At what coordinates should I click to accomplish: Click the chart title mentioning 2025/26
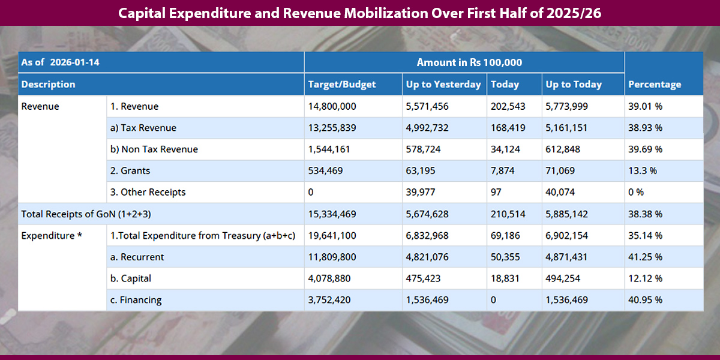click(x=359, y=13)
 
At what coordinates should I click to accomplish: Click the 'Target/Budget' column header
click(x=341, y=85)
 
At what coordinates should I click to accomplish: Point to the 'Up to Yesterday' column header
click(x=443, y=85)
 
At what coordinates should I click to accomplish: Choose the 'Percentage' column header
click(x=655, y=85)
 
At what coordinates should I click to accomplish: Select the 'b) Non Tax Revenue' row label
click(x=154, y=149)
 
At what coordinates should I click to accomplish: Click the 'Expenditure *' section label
click(x=52, y=236)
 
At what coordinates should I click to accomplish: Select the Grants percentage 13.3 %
click(x=643, y=171)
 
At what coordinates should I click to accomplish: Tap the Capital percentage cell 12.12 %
click(x=645, y=279)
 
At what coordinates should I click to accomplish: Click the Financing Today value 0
click(x=494, y=301)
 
